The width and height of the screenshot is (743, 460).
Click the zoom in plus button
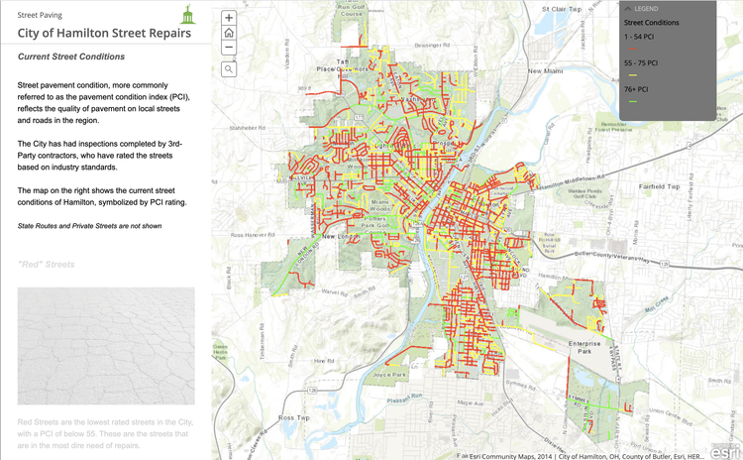229,18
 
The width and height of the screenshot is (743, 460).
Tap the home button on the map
229,33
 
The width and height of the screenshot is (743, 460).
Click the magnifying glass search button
229,69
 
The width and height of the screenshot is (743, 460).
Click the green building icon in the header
186,14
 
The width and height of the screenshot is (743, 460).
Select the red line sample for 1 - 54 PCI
631,48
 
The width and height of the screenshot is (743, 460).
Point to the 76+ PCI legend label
635,89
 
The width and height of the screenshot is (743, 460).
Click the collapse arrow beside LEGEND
626,9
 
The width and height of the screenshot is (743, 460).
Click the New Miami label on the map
545,71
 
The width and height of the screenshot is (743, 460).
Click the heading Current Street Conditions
71,57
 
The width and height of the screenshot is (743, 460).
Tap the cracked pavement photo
106,346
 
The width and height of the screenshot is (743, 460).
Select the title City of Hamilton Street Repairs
91,33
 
